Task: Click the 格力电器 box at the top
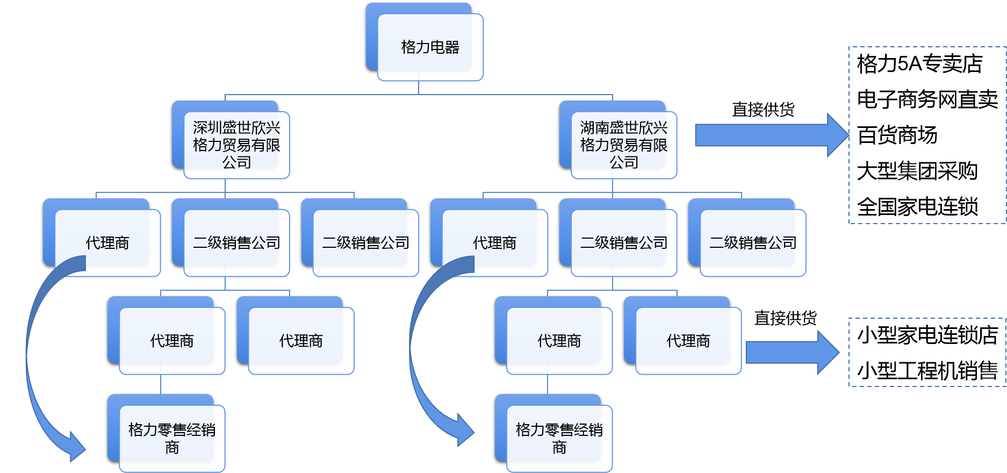(430, 47)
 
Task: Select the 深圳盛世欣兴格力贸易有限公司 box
(236, 145)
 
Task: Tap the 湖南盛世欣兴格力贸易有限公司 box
(623, 145)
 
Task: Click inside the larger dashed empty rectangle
(926, 135)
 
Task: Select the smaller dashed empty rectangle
(926, 352)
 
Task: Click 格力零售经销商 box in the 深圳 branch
(172, 438)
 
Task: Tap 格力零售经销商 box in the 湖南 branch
(559, 438)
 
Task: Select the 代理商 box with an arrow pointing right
(688, 340)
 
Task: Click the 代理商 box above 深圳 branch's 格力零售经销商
(172, 340)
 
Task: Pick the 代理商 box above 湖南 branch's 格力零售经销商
(559, 340)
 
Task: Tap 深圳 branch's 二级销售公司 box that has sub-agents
(236, 242)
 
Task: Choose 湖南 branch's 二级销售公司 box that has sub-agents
(623, 242)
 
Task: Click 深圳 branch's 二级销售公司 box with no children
(365, 242)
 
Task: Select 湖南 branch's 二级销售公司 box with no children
(752, 242)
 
